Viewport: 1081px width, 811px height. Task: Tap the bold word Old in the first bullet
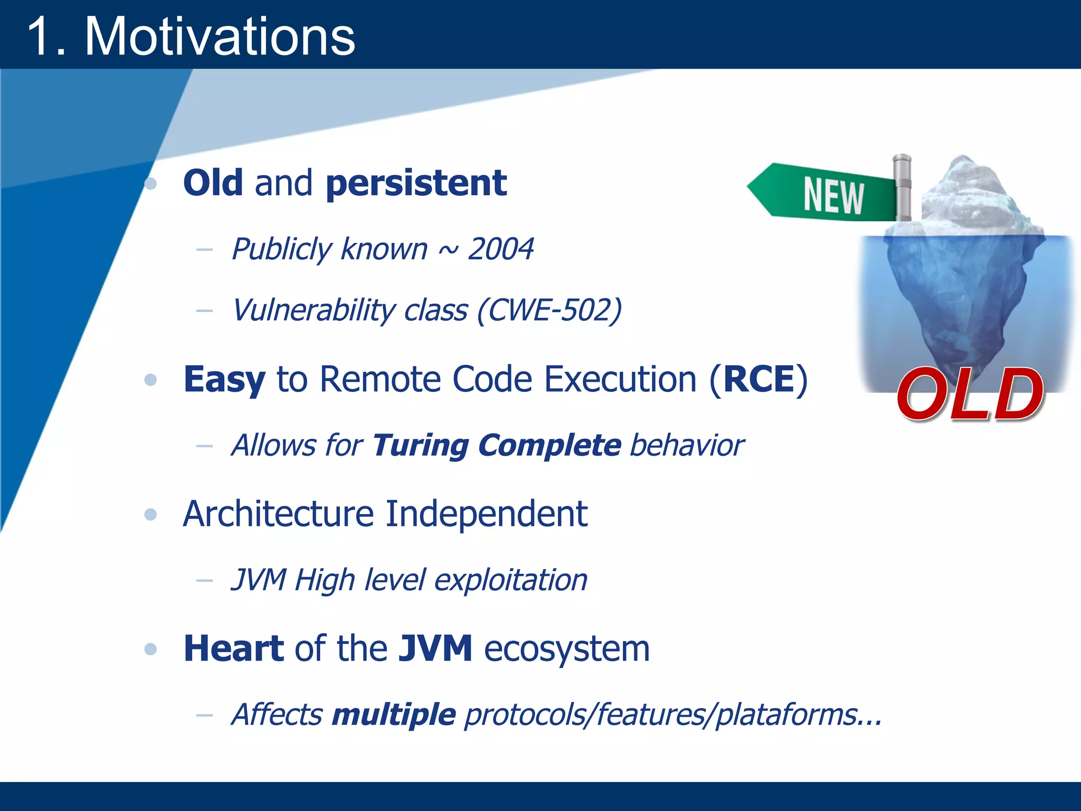[x=213, y=183]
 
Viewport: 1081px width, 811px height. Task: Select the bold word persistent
[x=416, y=183]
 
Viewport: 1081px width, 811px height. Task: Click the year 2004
[x=500, y=249]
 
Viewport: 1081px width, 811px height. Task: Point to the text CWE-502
[x=549, y=310]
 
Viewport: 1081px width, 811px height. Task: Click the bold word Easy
[x=224, y=380]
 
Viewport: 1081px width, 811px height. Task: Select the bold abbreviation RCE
[x=758, y=379]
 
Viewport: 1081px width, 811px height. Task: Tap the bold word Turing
[x=420, y=445]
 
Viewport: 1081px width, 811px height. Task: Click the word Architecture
[x=278, y=514]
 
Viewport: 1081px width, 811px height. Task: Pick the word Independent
[x=486, y=514]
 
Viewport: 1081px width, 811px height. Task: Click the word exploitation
[x=510, y=580]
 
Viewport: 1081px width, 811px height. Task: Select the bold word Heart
[x=234, y=648]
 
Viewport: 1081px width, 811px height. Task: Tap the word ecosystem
[x=566, y=649]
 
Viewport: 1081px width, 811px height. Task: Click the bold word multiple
[x=394, y=715]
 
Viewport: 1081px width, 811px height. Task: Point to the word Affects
[x=277, y=715]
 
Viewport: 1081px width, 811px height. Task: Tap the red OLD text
[x=970, y=394]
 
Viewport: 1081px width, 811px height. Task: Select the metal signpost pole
[x=902, y=187]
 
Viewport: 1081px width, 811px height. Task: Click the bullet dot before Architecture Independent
[x=151, y=514]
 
